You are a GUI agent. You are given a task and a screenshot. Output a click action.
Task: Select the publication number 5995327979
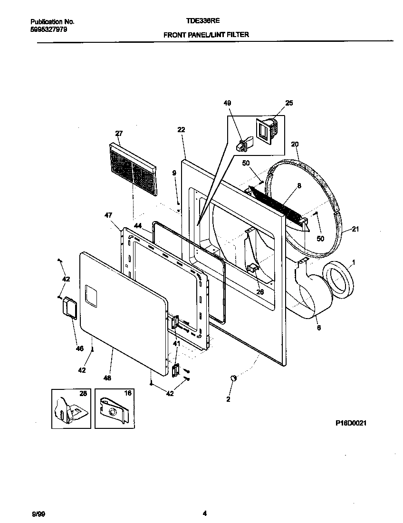(48, 29)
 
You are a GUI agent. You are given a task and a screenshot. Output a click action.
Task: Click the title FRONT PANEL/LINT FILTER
(206, 35)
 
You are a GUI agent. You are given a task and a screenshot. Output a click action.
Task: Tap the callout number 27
(119, 133)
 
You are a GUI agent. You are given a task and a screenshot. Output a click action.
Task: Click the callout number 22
(181, 129)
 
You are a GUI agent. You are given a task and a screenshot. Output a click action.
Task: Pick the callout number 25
(289, 103)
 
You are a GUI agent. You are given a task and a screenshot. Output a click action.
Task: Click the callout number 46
(79, 349)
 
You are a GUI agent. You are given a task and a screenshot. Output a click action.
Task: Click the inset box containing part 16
(114, 408)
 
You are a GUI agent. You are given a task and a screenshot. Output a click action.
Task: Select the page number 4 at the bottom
(204, 513)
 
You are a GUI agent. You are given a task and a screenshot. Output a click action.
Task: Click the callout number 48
(107, 378)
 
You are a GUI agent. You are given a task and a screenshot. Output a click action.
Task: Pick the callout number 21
(355, 230)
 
